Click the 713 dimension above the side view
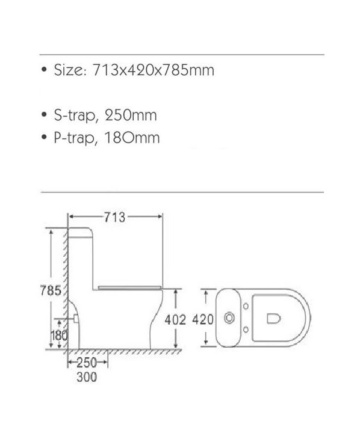(114, 217)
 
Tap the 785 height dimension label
(51, 290)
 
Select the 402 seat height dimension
(175, 320)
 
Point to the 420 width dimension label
(203, 319)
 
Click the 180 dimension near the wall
(59, 336)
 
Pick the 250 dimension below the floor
(87, 363)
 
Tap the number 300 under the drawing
(87, 377)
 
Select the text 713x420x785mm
(154, 70)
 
